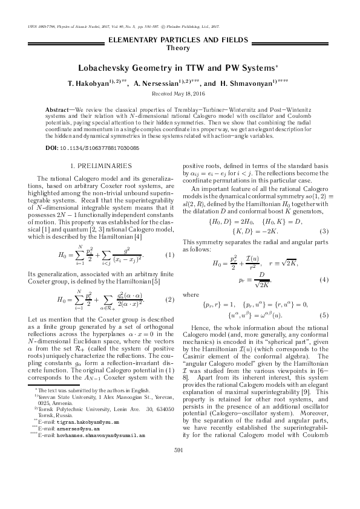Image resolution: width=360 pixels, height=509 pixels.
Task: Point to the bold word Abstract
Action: pos(58,109)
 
